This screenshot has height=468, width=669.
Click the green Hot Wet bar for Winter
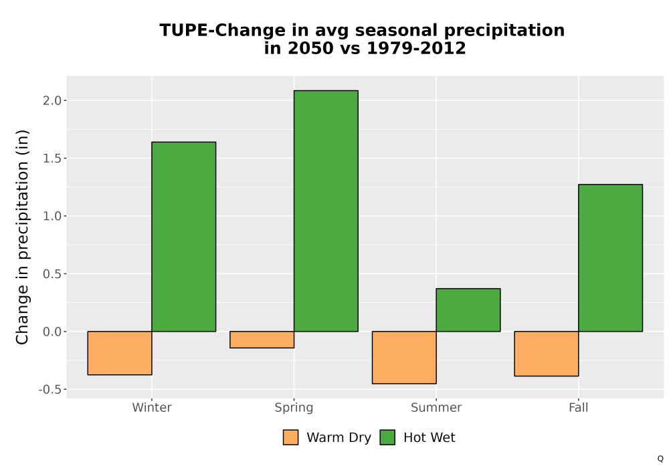click(184, 237)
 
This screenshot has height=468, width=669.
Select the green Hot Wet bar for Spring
click(326, 211)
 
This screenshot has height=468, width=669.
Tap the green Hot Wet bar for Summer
click(468, 310)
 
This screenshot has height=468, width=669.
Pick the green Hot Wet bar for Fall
click(611, 258)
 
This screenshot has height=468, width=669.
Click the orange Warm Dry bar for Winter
click(120, 353)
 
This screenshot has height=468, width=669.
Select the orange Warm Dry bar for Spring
click(262, 340)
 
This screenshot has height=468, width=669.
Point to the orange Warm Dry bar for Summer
click(404, 358)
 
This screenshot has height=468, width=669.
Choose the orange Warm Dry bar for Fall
click(547, 354)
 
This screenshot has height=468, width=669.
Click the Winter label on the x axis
click(152, 407)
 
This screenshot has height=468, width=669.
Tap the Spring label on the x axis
click(294, 408)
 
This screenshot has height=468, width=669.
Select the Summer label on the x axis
click(436, 407)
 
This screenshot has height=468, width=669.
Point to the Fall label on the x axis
click(579, 407)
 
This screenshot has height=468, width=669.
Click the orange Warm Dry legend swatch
click(290, 437)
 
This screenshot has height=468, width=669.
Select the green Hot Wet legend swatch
click(387, 437)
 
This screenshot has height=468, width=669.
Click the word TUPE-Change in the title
click(222, 31)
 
